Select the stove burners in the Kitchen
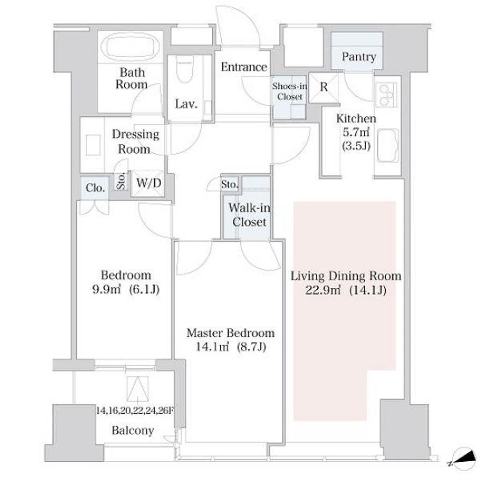[x=386, y=95]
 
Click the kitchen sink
[x=388, y=145]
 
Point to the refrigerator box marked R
[x=323, y=88]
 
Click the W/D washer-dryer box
[x=149, y=183]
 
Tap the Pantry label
[x=359, y=57]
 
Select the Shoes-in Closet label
[x=289, y=91]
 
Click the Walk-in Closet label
[x=249, y=215]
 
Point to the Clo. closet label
[x=95, y=187]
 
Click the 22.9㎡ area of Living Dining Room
[x=323, y=290]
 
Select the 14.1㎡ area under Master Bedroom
[x=212, y=347]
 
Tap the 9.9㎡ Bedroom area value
[x=106, y=289]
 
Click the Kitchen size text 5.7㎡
[x=356, y=132]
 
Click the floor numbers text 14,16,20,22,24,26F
[x=135, y=410]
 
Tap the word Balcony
[x=133, y=430]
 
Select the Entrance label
[x=244, y=67]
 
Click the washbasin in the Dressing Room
[x=93, y=145]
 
